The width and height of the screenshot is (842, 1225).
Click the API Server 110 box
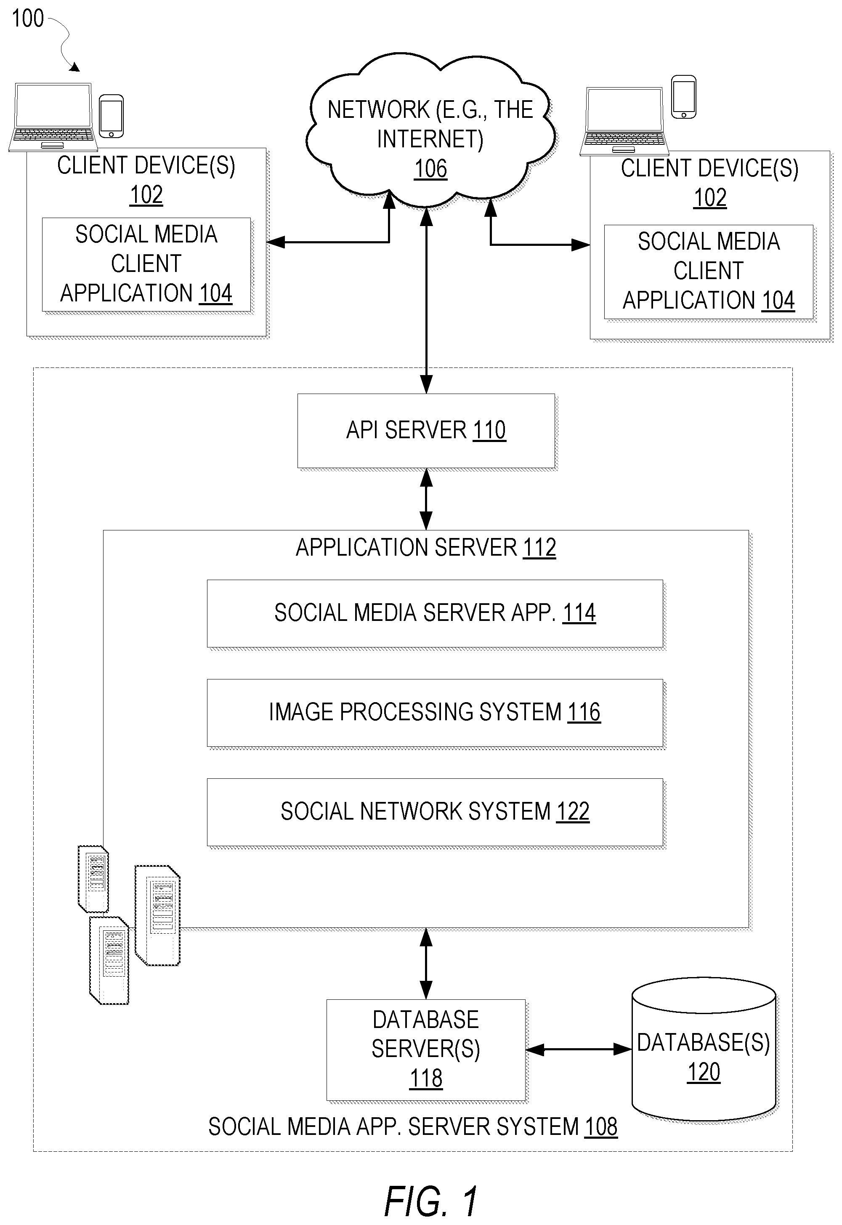pyautogui.click(x=426, y=431)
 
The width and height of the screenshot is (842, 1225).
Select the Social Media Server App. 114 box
pyautogui.click(x=435, y=613)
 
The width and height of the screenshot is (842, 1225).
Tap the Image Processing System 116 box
pyautogui.click(x=435, y=713)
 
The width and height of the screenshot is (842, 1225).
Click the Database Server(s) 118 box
pyautogui.click(x=426, y=1050)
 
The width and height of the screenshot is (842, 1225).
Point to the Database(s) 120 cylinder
pyautogui.click(x=704, y=1049)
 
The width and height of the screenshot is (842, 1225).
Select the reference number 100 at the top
pyautogui.click(x=28, y=19)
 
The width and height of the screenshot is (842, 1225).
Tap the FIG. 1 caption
pyautogui.click(x=431, y=1201)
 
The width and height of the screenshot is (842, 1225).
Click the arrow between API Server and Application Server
pyautogui.click(x=426, y=499)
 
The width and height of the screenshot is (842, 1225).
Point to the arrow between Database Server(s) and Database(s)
pyautogui.click(x=579, y=1050)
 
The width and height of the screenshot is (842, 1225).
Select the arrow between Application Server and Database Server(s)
pyautogui.click(x=426, y=964)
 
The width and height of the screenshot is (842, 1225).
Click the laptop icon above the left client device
pyautogui.click(x=53, y=117)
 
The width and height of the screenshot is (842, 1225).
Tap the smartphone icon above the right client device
pyautogui.click(x=684, y=97)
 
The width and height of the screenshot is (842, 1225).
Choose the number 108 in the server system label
pyautogui.click(x=601, y=1127)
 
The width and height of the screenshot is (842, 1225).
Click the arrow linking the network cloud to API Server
pyautogui.click(x=426, y=301)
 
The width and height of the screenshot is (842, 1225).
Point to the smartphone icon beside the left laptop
pyautogui.click(x=112, y=116)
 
